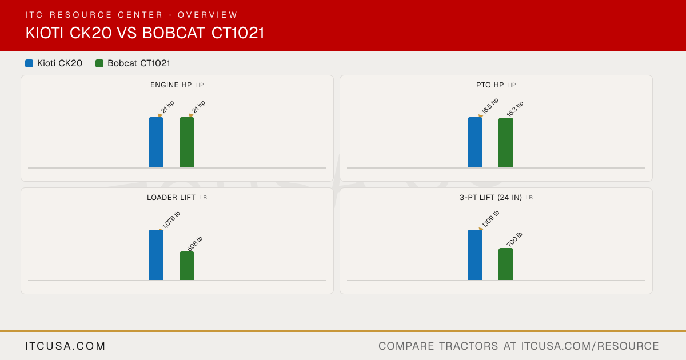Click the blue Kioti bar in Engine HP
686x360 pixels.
(x=156, y=142)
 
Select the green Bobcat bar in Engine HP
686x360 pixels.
(x=187, y=142)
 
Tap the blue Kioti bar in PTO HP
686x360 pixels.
(x=475, y=142)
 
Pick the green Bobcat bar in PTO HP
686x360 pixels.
(x=506, y=143)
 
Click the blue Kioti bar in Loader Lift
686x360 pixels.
(x=156, y=255)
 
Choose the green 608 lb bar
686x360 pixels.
(x=187, y=266)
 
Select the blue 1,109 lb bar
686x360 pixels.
(x=475, y=255)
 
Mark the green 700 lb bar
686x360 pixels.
(x=506, y=264)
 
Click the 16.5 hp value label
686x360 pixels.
(x=490, y=106)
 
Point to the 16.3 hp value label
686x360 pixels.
(x=515, y=109)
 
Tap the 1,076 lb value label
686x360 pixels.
(x=171, y=220)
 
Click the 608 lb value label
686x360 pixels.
(x=195, y=244)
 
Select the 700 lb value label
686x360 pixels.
(x=514, y=239)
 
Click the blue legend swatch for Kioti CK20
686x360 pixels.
(x=29, y=63)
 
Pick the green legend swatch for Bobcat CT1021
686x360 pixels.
(x=99, y=63)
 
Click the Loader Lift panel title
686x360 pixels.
(x=171, y=198)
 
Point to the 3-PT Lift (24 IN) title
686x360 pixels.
(x=490, y=198)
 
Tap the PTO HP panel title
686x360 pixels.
(x=490, y=85)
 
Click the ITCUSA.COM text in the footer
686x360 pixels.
(x=65, y=346)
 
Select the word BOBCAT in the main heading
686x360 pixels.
(x=173, y=33)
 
